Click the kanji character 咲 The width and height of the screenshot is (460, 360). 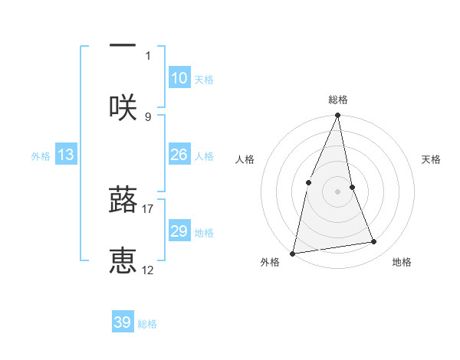coord(123,106)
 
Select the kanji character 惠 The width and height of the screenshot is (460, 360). coord(123,261)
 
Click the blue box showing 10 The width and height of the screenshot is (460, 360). coord(179,78)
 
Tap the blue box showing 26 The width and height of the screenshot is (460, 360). coord(179,155)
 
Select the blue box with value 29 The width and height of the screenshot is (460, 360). coord(179,231)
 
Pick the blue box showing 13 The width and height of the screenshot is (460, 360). coord(66,155)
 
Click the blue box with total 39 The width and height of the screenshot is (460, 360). coord(123,322)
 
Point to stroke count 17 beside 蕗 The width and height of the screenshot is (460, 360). coord(148,208)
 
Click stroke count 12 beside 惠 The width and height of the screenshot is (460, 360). coord(148,270)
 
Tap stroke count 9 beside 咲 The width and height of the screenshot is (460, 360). coord(148,116)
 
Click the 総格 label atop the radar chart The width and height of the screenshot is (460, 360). coord(338,100)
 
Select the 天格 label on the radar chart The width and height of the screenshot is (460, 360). coord(432,159)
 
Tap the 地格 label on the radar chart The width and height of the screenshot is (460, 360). coord(402,262)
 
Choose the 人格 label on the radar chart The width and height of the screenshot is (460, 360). coord(245,159)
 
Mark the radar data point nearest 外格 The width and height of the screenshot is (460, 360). coord(292,253)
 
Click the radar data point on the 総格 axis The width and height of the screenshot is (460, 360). coord(338,116)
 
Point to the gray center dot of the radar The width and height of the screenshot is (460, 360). coord(338,191)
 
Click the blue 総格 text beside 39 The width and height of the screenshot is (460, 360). coord(147,324)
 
